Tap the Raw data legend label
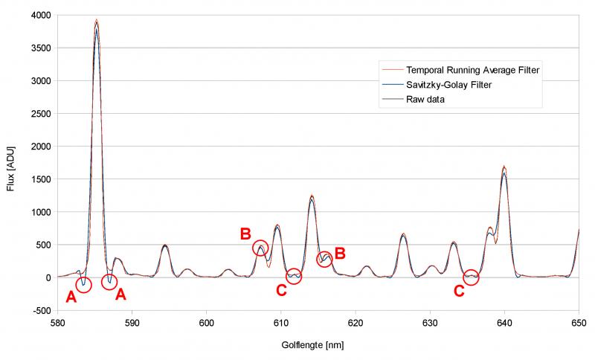tap(425, 100)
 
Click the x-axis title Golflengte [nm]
tap(312, 346)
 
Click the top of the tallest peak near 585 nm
tap(96, 21)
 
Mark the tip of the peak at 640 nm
tap(504, 167)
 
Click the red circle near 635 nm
tap(471, 277)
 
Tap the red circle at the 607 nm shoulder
tap(260, 248)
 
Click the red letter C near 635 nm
tap(459, 292)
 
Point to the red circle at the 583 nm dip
tap(83, 285)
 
